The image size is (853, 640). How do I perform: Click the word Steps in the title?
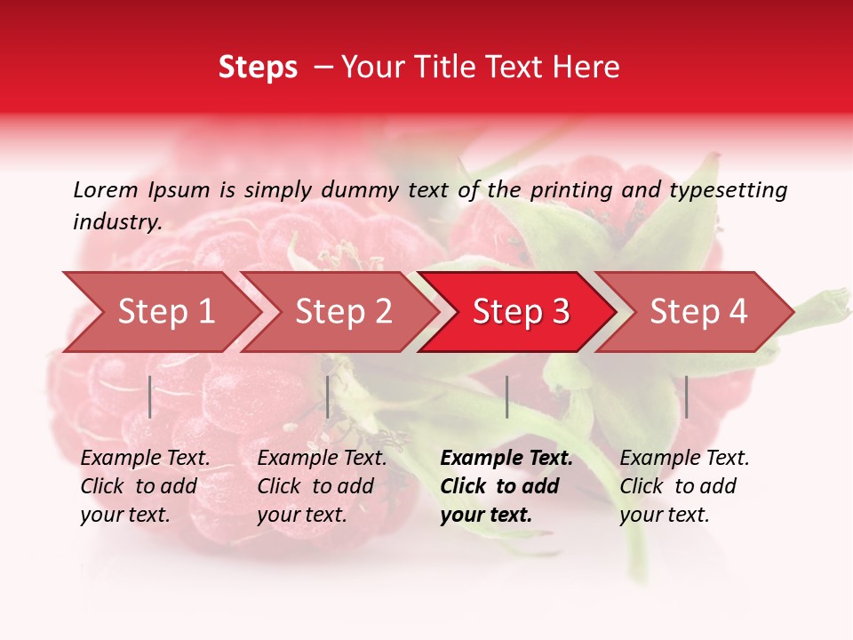click(258, 68)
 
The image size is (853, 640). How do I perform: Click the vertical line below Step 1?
click(150, 396)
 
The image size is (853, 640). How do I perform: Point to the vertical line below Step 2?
click(328, 396)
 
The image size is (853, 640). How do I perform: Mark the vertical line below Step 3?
click(506, 396)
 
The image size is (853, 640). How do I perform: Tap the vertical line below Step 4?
click(686, 396)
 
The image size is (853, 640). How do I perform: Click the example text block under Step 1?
click(144, 486)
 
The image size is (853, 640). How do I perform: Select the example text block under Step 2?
click(321, 486)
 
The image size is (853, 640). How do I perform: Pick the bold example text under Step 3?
click(506, 486)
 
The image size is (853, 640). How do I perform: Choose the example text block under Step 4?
click(683, 486)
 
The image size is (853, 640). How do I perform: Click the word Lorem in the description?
click(106, 189)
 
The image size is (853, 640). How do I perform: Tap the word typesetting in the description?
click(728, 189)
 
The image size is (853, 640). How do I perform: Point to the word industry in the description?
click(117, 222)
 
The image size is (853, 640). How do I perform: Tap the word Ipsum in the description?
click(179, 189)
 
